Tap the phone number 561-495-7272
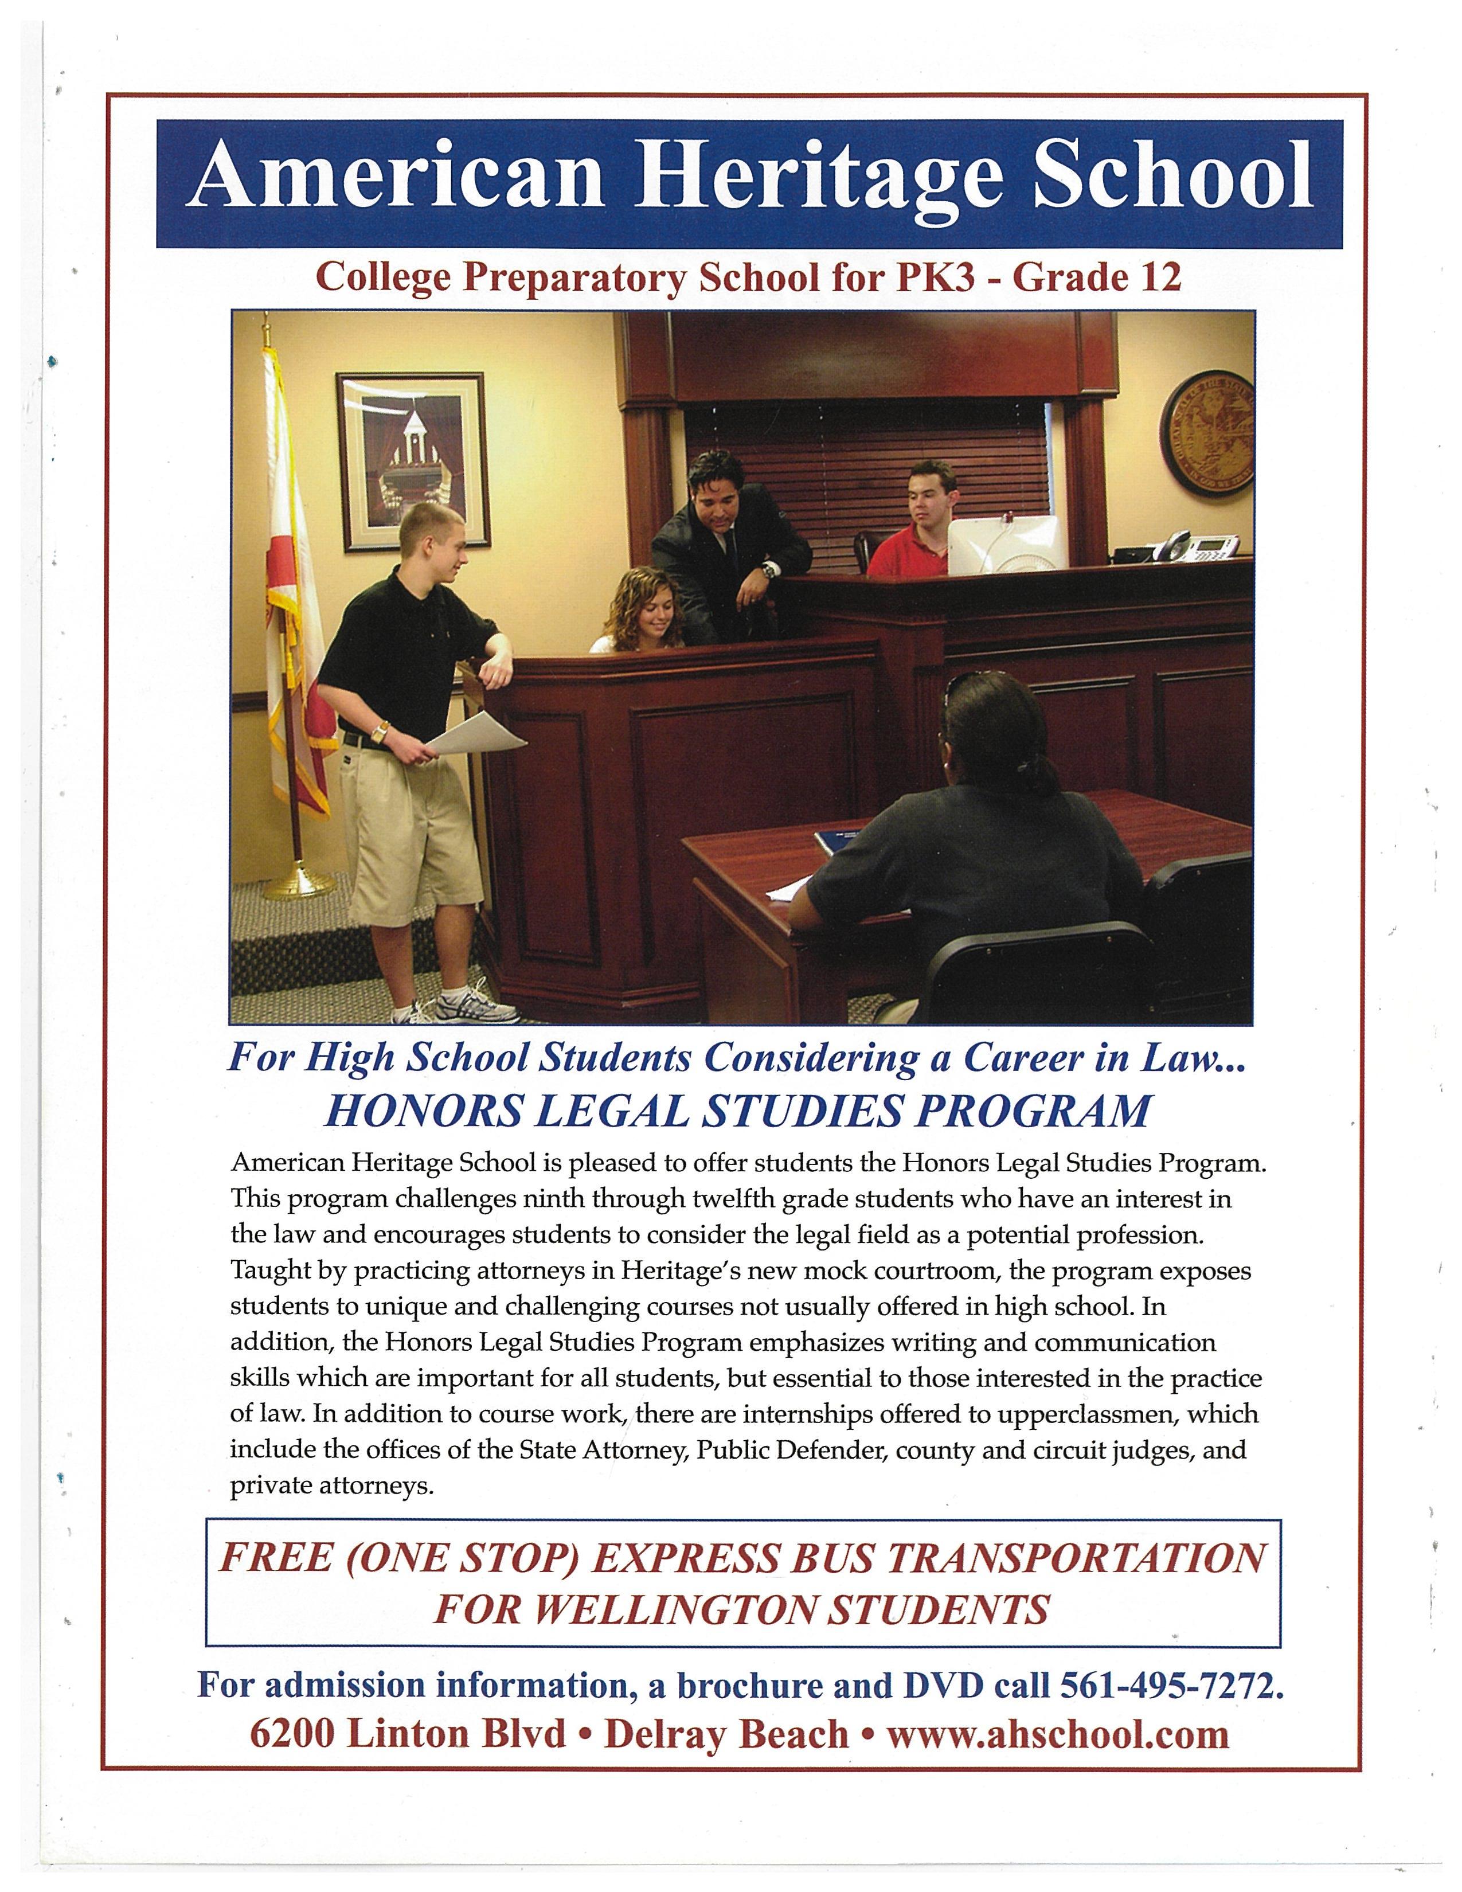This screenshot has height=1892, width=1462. tap(1167, 1685)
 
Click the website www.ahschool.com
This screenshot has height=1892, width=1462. tap(1058, 1734)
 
